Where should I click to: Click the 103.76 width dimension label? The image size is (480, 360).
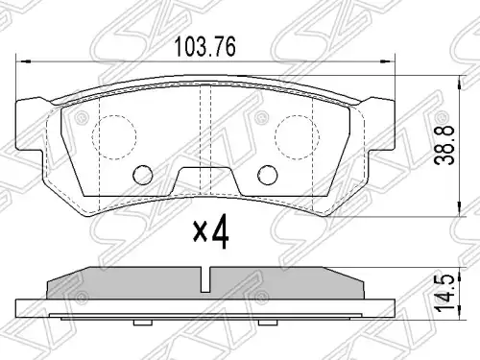tap(204, 47)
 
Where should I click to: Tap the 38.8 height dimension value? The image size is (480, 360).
tap(444, 146)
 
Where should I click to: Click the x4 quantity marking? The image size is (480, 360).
tap(211, 231)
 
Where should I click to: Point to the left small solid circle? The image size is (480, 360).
tap(143, 175)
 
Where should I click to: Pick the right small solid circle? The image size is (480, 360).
tap(268, 175)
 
